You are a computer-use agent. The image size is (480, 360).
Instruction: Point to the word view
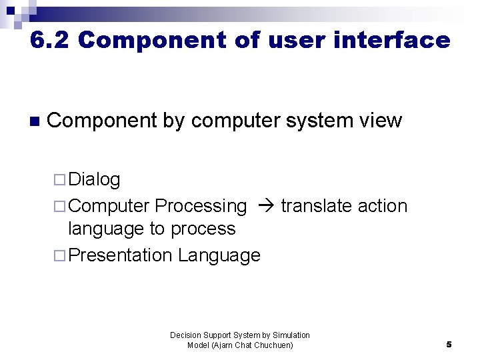coord(380,121)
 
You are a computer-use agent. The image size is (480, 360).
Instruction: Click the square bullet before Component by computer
coord(35,121)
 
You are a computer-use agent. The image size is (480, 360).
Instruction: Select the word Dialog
coord(94,179)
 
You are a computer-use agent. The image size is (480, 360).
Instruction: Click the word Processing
coord(201,206)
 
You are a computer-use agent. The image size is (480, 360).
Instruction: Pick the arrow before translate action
coord(265,206)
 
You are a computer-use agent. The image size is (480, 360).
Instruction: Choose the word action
coord(383,206)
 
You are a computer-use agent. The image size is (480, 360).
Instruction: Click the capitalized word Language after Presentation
coord(219,256)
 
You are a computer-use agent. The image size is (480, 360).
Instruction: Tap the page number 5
coord(449,345)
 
